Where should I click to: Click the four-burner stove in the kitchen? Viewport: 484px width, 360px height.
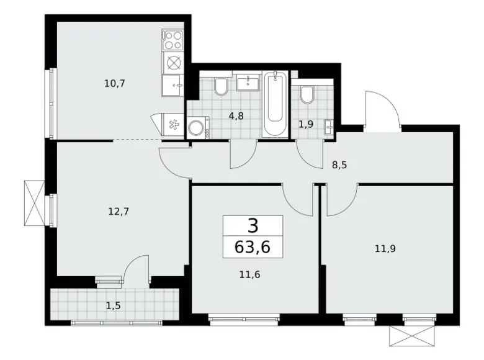pyautogui.click(x=174, y=41)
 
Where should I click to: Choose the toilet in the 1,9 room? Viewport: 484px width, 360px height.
pyautogui.click(x=307, y=94)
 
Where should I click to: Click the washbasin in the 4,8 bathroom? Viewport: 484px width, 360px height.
pyautogui.click(x=249, y=83)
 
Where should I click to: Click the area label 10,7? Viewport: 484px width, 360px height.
pyautogui.click(x=115, y=83)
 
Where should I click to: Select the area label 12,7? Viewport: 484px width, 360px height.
pyautogui.click(x=117, y=210)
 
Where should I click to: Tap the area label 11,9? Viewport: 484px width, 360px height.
pyautogui.click(x=385, y=249)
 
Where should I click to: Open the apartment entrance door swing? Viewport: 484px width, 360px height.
pyautogui.click(x=380, y=109)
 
